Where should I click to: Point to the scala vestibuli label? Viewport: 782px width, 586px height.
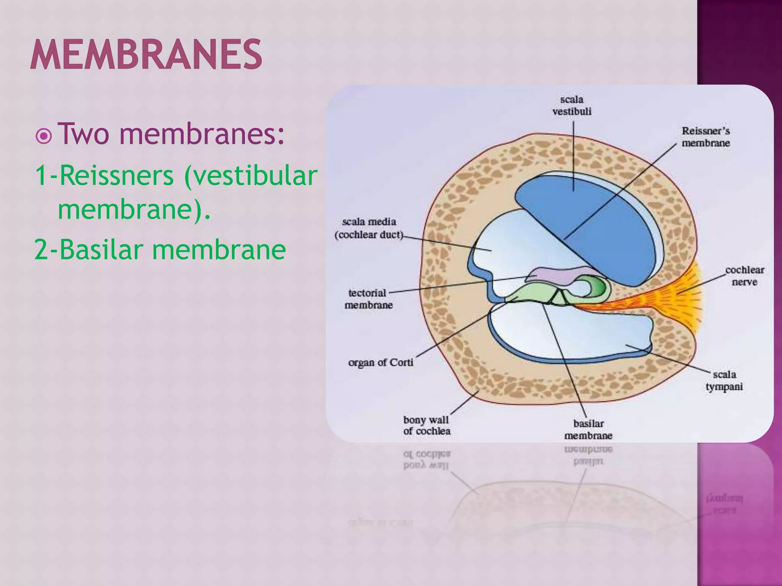[x=572, y=105]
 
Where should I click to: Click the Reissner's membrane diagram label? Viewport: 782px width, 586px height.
[x=706, y=137]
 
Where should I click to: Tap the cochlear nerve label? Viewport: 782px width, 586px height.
[x=744, y=276]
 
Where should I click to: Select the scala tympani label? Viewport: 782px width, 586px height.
[x=724, y=380]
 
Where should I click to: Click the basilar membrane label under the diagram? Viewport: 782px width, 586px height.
[x=588, y=429]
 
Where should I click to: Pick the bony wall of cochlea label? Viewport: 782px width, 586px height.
[x=427, y=425]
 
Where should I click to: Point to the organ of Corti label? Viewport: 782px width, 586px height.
[x=380, y=362]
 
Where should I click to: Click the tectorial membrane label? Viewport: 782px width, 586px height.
[x=368, y=299]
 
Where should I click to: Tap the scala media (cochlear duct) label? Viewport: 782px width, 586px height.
[x=369, y=228]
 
